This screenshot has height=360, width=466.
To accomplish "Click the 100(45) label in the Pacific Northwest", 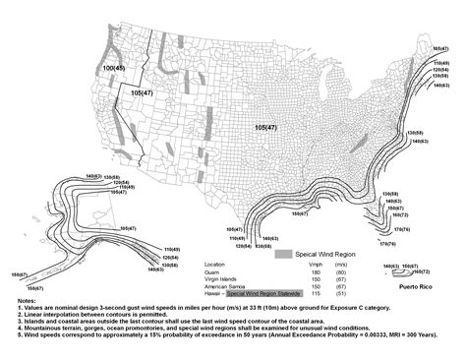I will [114, 68].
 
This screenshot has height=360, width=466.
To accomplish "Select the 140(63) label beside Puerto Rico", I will [390, 266].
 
